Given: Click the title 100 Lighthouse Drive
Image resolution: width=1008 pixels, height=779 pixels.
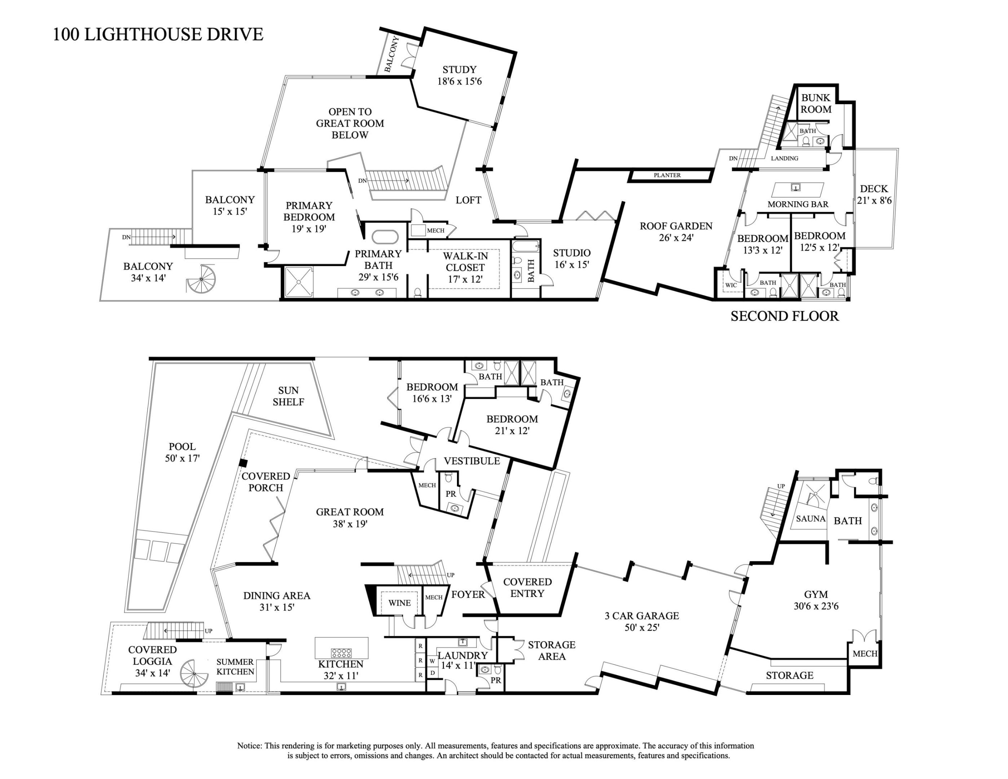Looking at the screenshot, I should pyautogui.click(x=158, y=35).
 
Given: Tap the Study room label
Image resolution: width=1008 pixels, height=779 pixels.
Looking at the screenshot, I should pyautogui.click(x=459, y=70).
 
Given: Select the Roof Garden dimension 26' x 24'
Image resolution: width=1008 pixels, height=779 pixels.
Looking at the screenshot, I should pyautogui.click(x=676, y=238).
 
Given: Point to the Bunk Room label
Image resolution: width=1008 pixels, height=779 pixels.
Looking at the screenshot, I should pyautogui.click(x=815, y=104).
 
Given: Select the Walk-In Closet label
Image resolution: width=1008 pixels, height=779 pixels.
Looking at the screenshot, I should pyautogui.click(x=465, y=262).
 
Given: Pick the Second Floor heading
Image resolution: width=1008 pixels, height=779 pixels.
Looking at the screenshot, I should pyautogui.click(x=785, y=316).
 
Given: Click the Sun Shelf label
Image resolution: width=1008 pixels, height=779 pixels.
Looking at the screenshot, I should pyautogui.click(x=289, y=396).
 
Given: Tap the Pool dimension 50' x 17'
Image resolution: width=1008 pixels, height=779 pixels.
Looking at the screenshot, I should pyautogui.click(x=182, y=458).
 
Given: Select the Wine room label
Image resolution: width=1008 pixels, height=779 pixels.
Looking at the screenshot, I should pyautogui.click(x=399, y=603).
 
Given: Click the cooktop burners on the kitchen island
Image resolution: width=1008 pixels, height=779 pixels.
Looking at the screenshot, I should pyautogui.click(x=342, y=652).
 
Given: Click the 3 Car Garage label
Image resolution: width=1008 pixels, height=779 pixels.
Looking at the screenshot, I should pyautogui.click(x=642, y=616).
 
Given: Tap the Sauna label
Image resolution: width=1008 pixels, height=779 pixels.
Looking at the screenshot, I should pyautogui.click(x=810, y=519).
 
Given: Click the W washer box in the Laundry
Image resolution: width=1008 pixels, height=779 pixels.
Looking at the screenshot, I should pyautogui.click(x=432, y=661).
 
